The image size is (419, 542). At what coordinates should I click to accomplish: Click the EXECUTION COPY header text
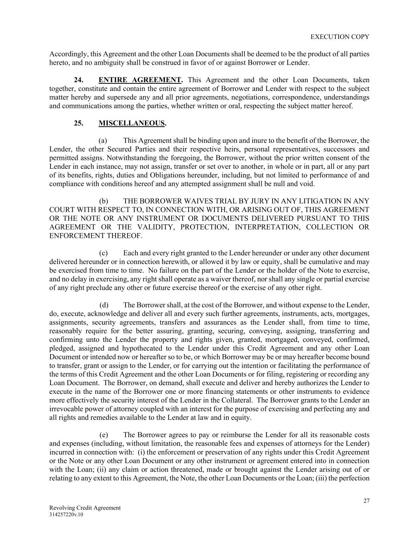(x=340, y=37)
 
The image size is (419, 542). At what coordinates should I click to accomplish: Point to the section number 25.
(x=79, y=123)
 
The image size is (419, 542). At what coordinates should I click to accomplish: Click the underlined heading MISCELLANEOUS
(x=131, y=123)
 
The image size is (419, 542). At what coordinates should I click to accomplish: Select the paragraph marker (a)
(x=103, y=141)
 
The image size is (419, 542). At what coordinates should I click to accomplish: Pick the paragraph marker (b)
(x=103, y=201)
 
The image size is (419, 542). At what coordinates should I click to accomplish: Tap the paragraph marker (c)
(x=103, y=253)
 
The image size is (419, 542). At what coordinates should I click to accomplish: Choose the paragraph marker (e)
(x=103, y=435)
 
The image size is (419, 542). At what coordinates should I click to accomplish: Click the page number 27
(x=366, y=501)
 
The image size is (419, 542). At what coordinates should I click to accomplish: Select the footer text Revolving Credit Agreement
(x=85, y=508)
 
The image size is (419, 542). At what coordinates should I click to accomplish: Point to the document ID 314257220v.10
(x=66, y=515)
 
